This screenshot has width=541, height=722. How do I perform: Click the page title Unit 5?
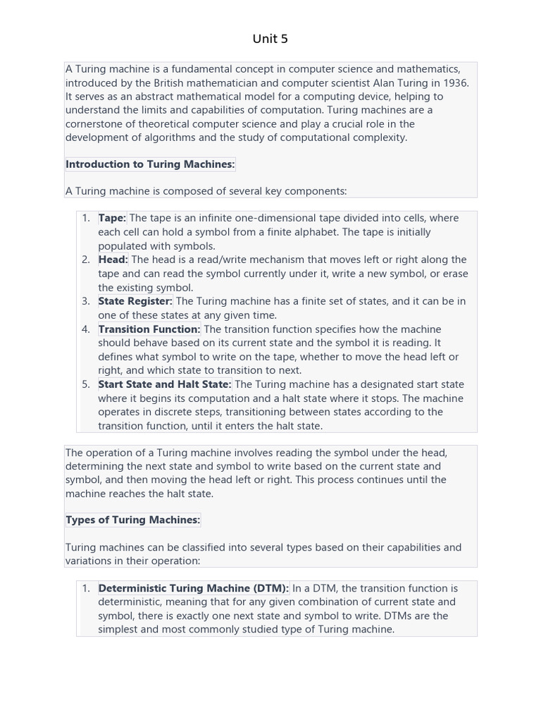270,39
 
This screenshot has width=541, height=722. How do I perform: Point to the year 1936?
456,82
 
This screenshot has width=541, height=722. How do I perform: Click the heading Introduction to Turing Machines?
150,164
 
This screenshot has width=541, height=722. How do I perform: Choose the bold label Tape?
112,219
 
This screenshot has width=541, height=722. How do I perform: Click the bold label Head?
113,260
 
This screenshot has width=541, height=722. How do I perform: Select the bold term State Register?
135,302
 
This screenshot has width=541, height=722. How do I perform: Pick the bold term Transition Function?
149,329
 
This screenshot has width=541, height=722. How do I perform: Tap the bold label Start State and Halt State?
165,385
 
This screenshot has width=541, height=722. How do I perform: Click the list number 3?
85,302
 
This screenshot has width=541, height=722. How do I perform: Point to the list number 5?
85,385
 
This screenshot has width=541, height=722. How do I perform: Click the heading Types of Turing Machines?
133,520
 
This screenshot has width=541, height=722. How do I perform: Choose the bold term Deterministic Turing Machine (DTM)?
194,589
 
